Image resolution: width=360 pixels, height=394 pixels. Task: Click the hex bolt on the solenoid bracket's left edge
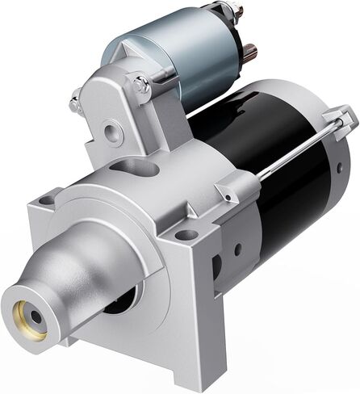point(75,104)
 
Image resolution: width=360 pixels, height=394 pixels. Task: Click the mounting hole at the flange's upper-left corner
point(46,199)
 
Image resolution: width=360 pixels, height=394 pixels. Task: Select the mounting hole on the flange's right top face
point(186,235)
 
